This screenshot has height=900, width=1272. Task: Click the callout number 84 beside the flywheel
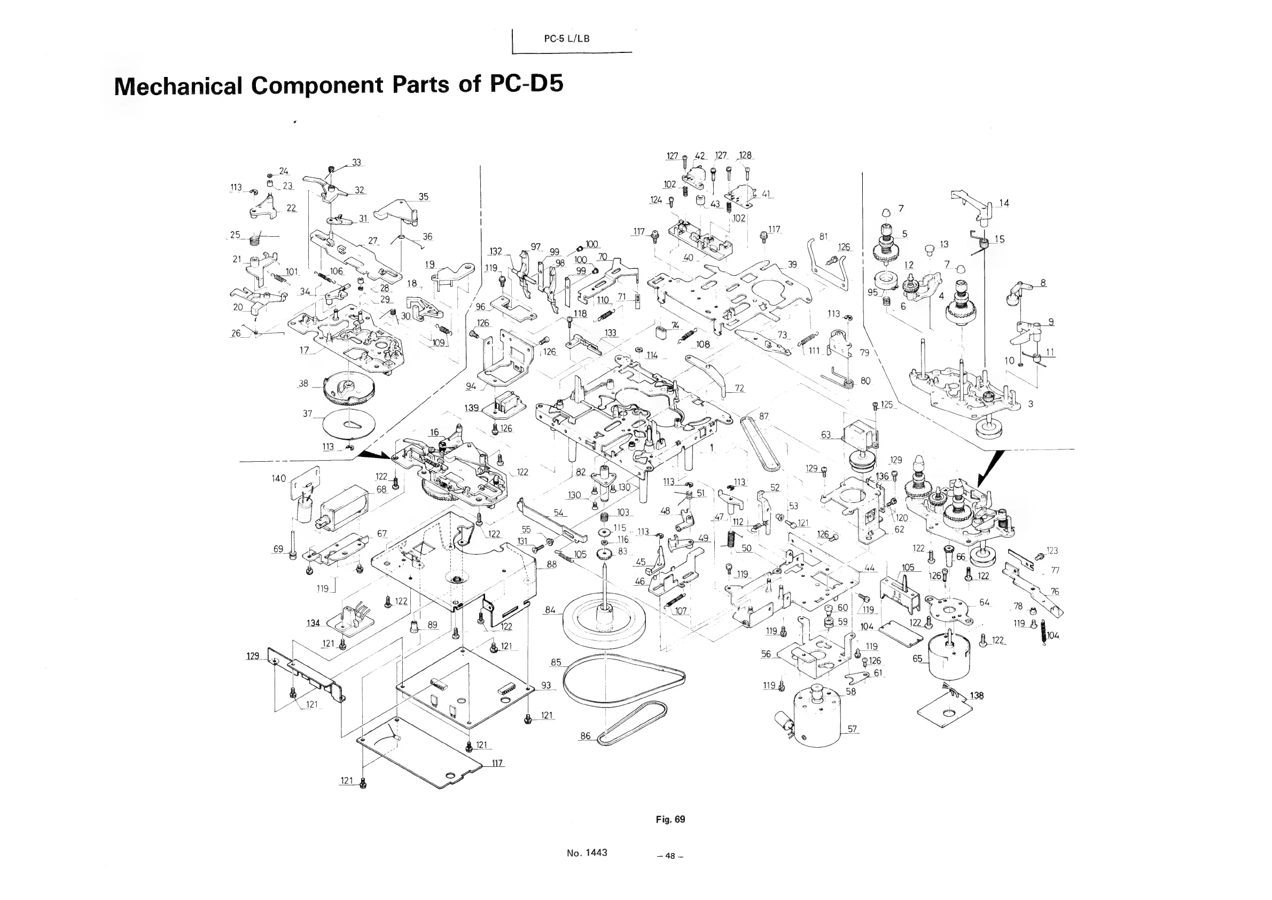[x=550, y=610]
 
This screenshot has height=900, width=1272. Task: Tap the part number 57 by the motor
[x=852, y=729]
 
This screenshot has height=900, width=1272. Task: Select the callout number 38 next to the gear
[x=303, y=383]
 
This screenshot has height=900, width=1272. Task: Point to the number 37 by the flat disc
[x=308, y=414]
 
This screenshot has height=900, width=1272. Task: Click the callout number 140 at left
[x=279, y=478]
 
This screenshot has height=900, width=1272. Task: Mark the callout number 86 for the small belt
[x=586, y=736]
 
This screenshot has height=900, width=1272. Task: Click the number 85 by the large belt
[x=556, y=662]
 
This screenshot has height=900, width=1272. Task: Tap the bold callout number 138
[x=977, y=695]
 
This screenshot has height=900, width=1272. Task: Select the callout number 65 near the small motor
[x=917, y=658]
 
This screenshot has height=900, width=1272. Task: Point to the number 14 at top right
[x=1004, y=203]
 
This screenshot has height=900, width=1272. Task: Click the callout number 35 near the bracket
[x=423, y=197]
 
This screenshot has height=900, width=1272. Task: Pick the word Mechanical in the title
[x=178, y=86]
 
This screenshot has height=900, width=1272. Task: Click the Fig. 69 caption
[x=670, y=819]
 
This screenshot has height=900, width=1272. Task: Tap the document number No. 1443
[x=587, y=853]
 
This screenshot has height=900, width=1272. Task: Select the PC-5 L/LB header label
[x=566, y=39]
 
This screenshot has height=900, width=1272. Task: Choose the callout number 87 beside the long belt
[x=764, y=416]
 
